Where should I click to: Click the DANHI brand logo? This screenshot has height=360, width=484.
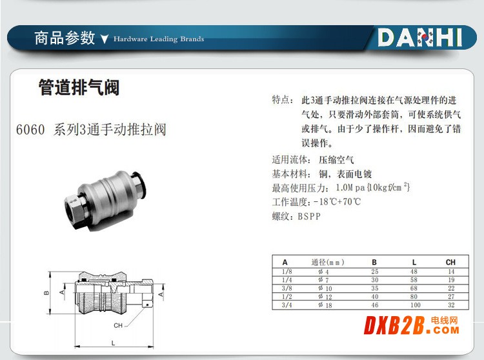420,37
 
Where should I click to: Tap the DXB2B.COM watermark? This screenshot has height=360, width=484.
412,325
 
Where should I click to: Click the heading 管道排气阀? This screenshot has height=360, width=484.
79,87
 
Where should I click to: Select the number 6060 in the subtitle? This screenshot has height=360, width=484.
30,130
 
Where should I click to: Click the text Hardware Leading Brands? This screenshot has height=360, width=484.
159,39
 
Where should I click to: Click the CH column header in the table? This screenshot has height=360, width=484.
450,262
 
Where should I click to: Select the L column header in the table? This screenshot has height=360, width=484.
414,262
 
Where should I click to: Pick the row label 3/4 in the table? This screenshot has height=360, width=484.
287,305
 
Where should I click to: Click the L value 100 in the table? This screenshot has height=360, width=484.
415,305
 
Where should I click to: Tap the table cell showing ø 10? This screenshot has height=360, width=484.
325,288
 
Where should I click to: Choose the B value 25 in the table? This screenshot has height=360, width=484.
375,272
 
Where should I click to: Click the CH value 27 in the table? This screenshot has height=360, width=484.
451,297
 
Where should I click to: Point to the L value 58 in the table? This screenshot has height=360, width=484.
414,280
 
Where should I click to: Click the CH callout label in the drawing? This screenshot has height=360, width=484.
118,325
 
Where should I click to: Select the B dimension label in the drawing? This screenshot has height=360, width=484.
46,293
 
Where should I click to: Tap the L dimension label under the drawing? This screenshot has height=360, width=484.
114,343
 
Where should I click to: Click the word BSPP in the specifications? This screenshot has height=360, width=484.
309,217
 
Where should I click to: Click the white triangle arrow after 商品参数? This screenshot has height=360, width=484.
105,39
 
